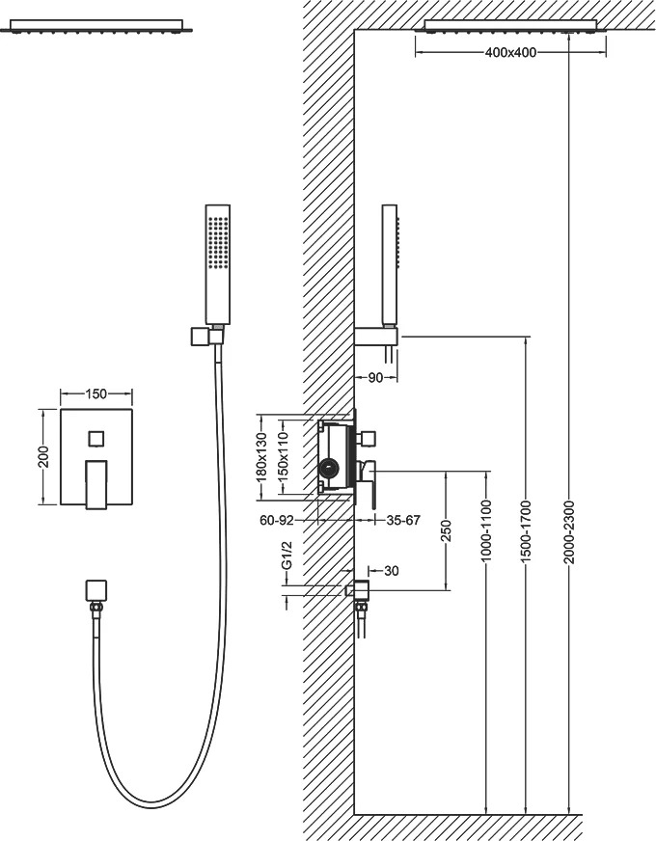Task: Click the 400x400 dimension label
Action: tap(510, 52)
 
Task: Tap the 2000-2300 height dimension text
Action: tap(569, 532)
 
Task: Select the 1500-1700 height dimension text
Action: tap(526, 532)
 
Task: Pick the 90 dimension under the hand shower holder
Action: tap(375, 378)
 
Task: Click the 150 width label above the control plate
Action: tap(96, 394)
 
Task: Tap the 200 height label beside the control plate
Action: tap(44, 456)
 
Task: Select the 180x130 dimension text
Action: tap(261, 456)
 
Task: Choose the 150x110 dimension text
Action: tap(284, 456)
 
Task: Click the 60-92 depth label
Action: tap(276, 520)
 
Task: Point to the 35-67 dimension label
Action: tap(403, 520)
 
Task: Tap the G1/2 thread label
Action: tap(287, 556)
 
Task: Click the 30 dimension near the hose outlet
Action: tap(392, 571)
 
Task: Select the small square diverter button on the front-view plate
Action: tap(96, 438)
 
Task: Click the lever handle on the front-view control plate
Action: tap(96, 484)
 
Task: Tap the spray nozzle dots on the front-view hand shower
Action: tap(218, 244)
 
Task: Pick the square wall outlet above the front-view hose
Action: tap(96, 590)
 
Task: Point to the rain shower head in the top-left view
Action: tap(97, 26)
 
